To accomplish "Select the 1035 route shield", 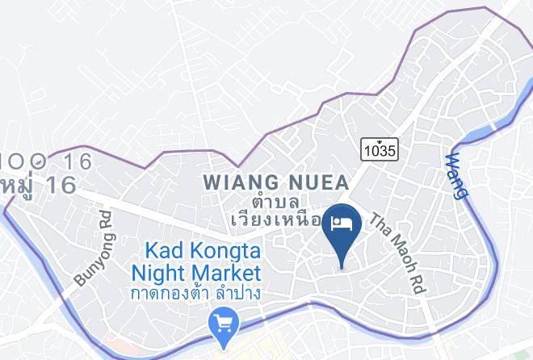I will point(380,150).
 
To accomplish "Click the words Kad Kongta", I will point(203,250).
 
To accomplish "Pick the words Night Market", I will point(202,271).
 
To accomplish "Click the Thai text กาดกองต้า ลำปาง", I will point(197,293).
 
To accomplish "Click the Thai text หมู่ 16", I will point(38,186).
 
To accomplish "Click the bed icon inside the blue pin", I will point(342,221).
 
